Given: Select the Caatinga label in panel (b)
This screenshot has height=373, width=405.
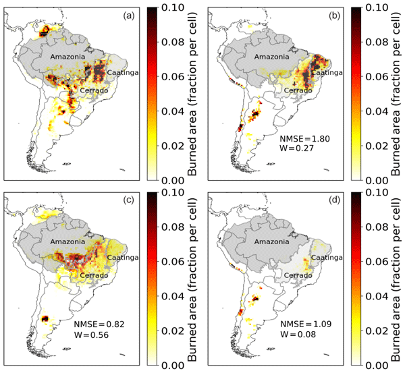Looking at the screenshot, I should click(x=329, y=72).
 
